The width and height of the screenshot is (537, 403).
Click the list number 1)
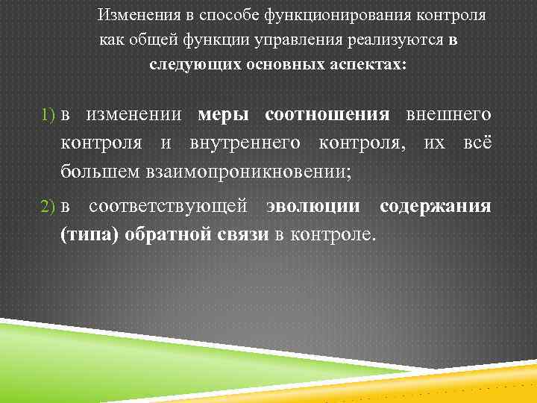(49, 115)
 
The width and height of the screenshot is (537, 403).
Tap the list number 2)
(49, 207)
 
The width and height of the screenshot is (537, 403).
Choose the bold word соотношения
(327, 115)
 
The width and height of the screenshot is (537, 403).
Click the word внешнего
(448, 115)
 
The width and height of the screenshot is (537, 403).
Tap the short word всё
(477, 143)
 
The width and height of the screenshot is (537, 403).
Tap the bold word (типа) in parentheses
(89, 235)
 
